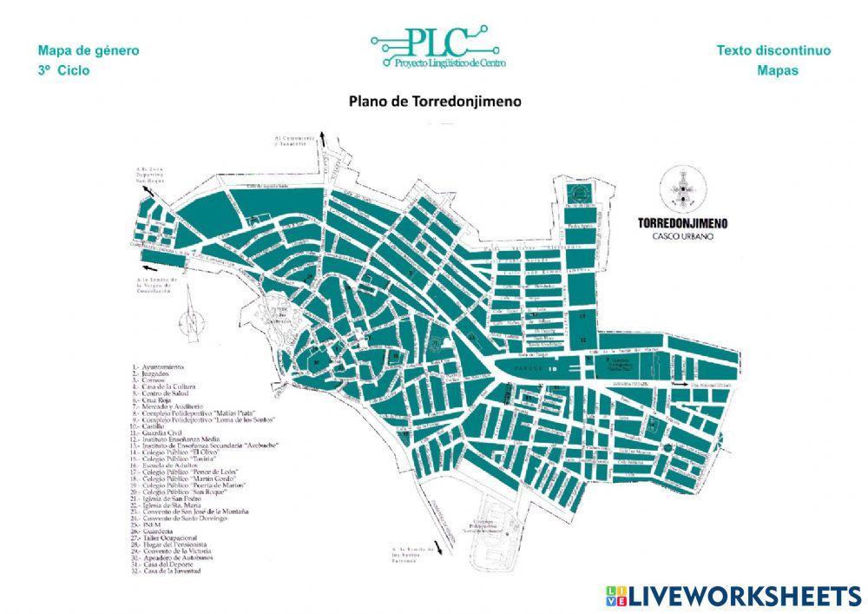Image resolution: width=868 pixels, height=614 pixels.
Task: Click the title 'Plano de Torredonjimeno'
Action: [435, 101]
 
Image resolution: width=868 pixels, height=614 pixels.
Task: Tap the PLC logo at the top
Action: [437, 48]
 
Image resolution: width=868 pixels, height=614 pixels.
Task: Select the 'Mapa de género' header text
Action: [89, 50]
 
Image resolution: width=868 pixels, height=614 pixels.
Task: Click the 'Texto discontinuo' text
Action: [773, 50]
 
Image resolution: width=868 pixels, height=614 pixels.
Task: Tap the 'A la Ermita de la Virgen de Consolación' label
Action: [157, 284]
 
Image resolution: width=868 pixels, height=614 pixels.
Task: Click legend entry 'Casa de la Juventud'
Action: [168, 571]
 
